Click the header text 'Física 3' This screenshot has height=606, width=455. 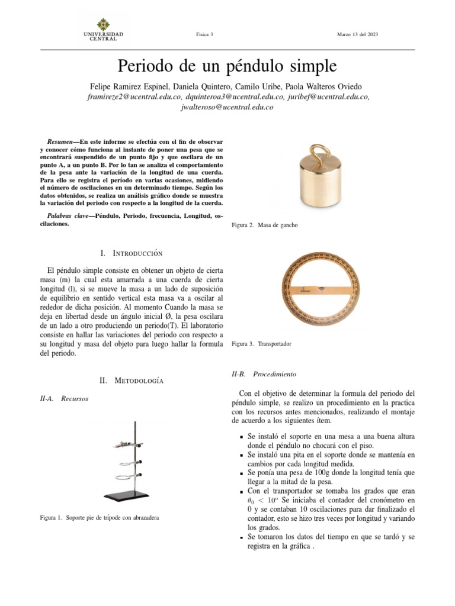tap(204, 35)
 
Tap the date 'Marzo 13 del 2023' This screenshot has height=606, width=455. tap(357, 35)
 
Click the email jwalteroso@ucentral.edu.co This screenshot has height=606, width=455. tap(227, 108)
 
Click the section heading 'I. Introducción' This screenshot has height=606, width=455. tap(131, 253)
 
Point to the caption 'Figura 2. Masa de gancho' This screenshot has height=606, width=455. tap(264, 226)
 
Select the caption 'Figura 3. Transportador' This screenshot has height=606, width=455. tap(261, 343)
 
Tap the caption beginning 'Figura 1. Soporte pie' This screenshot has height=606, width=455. tap(100, 518)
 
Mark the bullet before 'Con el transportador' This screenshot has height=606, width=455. tap(235, 492)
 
